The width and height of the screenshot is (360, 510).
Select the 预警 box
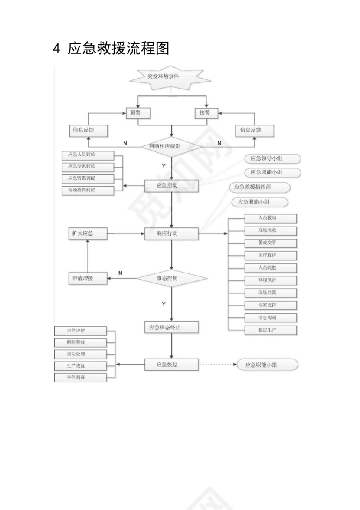tap(138, 113)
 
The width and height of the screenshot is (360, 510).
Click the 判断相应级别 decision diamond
tap(172, 147)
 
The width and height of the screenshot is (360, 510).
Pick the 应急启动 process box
tap(172, 186)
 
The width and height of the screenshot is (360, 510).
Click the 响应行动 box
tap(172, 234)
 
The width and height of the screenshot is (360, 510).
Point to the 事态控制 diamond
tap(172, 278)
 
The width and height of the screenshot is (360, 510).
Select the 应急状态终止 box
tap(172, 327)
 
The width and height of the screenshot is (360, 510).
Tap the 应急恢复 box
tap(172, 365)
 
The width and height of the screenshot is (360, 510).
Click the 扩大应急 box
tap(88, 234)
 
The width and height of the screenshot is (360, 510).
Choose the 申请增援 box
tap(88, 278)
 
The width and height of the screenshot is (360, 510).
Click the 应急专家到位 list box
tap(88, 167)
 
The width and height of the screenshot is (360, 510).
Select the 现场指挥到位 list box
tap(88, 190)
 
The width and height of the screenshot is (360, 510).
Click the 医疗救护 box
tap(270, 255)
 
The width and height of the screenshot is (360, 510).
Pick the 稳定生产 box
tap(270, 330)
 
